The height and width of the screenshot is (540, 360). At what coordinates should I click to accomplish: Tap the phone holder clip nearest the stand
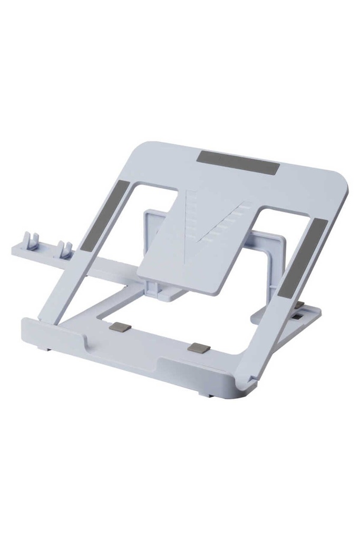pyautogui.click(x=66, y=249)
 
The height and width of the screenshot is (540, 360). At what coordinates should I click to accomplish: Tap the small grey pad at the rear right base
pyautogui.click(x=299, y=305)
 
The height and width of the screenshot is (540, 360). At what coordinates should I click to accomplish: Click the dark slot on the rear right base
pyautogui.click(x=299, y=317)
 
